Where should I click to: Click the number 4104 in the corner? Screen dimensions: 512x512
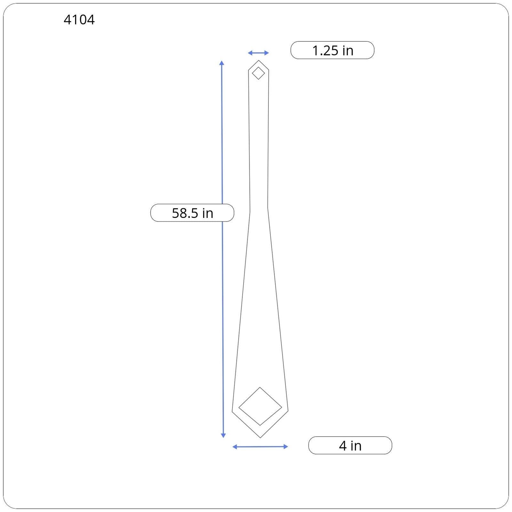[x=79, y=20]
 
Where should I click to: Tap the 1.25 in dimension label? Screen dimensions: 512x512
[x=332, y=50]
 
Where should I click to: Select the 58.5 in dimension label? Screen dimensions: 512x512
[x=192, y=213]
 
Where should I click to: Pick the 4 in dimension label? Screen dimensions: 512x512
[x=350, y=445]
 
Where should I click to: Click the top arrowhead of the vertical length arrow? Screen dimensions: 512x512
[x=222, y=63]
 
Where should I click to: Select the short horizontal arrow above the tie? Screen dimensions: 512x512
[x=258, y=53]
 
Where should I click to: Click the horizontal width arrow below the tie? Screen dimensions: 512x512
[x=260, y=447]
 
